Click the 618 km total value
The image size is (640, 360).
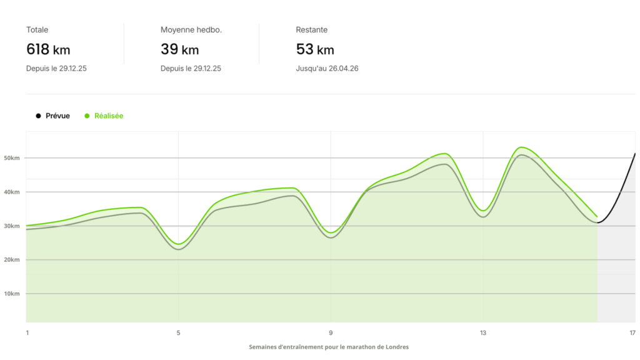point(48,49)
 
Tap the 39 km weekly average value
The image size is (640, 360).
point(179,49)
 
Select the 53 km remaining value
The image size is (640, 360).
point(314,49)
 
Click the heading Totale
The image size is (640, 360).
point(37,29)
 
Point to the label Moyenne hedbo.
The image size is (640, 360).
point(191,29)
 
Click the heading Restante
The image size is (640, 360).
point(311,29)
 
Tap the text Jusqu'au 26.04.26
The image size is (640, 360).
point(327,69)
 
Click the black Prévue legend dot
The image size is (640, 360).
point(39,116)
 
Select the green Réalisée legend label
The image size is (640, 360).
point(109,116)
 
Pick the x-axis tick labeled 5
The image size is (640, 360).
point(179,332)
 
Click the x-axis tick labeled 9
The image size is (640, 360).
point(331,332)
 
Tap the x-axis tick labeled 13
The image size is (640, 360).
point(482,332)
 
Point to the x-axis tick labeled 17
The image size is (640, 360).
point(632,332)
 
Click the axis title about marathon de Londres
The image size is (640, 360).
point(329,347)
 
